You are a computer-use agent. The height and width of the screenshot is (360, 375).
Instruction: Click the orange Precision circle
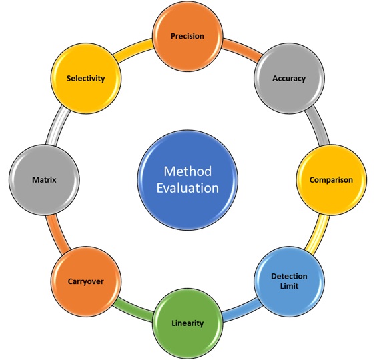coord(187,36)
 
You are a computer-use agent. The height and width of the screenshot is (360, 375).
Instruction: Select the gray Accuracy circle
coord(289,79)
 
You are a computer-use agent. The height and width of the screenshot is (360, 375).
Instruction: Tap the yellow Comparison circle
coord(331,180)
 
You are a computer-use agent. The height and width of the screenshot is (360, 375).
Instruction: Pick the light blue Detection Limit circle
coord(289,281)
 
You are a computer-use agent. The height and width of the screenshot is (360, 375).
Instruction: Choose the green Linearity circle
coord(187,323)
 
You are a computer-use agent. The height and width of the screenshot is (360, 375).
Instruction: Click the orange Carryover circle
coord(86,281)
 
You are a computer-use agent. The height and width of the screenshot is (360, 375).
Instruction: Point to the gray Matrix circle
coord(44,180)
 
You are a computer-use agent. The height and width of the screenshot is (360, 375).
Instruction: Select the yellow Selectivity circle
coord(86,79)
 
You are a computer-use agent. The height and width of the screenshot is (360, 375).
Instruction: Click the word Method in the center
coord(187,171)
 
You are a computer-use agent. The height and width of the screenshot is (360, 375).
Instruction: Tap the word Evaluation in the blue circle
coord(187,188)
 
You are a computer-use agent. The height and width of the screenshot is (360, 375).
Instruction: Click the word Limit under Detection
coord(289,286)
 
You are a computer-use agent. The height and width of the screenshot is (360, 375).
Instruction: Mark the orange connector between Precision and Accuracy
coord(242,49)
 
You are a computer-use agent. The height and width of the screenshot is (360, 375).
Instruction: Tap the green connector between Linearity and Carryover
coord(133,310)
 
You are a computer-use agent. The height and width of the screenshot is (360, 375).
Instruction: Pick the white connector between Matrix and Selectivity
coord(57,126)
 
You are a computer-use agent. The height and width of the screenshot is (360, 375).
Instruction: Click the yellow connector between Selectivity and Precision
coord(133,49)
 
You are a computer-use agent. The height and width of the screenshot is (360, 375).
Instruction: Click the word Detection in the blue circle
coord(289,277)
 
